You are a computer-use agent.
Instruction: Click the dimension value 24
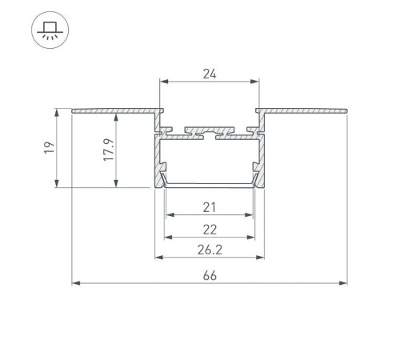coord(210,74)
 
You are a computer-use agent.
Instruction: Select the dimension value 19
coord(49,147)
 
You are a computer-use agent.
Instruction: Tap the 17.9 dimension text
coord(109,150)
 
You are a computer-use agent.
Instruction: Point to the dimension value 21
coord(210,207)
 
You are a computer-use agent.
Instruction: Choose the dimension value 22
coord(210,230)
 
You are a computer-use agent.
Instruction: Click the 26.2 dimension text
coord(210,250)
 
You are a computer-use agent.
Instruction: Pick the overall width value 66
coord(210,276)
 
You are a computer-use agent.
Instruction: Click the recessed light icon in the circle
coord(50,30)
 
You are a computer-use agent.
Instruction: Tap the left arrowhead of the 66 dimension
coord(76,283)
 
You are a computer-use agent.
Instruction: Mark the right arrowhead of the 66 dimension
coord(343,283)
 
